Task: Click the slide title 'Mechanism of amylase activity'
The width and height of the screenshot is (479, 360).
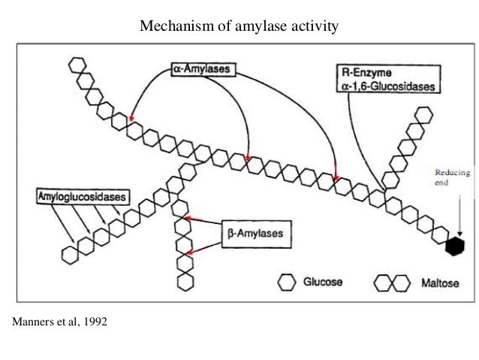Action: click(240, 28)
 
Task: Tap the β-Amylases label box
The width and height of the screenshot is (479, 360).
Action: click(255, 234)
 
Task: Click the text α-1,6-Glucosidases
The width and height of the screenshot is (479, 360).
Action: click(387, 86)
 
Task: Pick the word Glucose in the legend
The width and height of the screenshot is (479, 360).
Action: click(324, 283)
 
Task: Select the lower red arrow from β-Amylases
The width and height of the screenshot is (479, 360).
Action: click(199, 251)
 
